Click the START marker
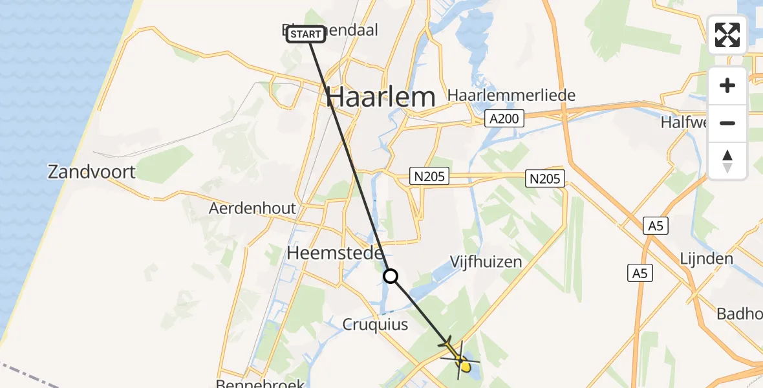306,34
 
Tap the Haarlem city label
380,98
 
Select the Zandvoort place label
92,172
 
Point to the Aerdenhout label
252,208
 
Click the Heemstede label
336,253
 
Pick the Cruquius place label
376,325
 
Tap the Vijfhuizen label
486,261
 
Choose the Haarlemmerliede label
511,96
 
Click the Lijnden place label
706,259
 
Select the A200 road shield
505,118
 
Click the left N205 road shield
429,177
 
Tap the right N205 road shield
546,178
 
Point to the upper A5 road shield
656,226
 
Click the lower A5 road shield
639,274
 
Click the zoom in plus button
727,86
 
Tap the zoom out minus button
727,124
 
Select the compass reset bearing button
727,161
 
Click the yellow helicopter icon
460,358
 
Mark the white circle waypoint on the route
391,277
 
